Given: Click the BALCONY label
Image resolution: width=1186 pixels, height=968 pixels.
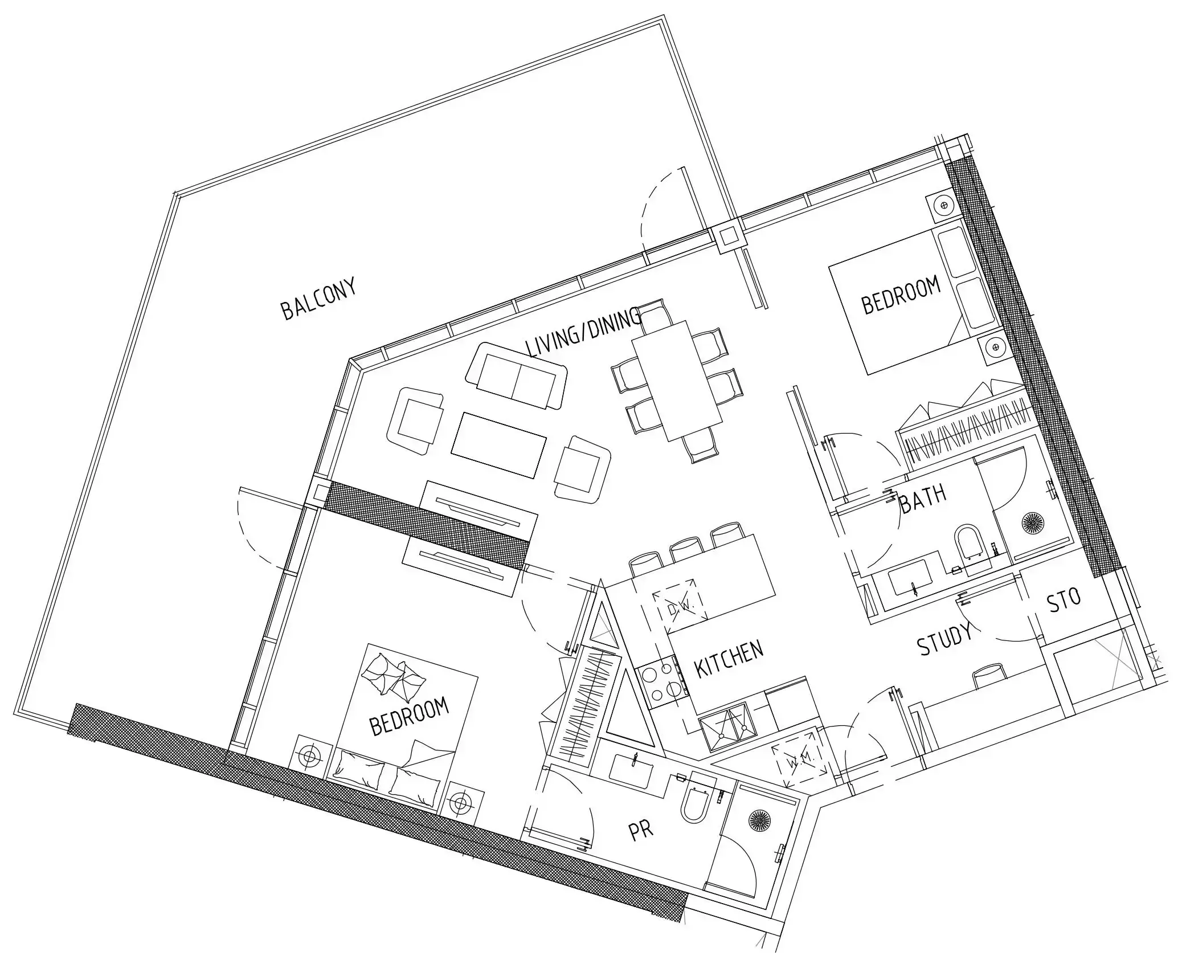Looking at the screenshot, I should click(x=319, y=298).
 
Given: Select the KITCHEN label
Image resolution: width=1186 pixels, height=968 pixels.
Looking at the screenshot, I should click(x=729, y=659).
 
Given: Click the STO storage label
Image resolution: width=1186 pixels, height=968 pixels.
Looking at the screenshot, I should click(x=1064, y=600).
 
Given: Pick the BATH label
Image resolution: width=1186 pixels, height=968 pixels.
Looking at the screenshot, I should click(x=923, y=498).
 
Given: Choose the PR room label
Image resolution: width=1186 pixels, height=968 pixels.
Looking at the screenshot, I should click(x=640, y=830).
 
